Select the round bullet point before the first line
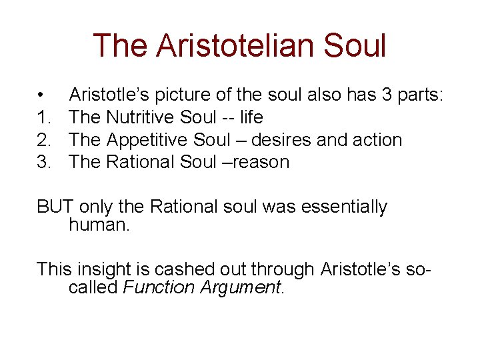point(41,95)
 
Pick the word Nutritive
point(141,117)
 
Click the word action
point(378,140)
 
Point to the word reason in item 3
point(261,162)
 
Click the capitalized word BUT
point(55,207)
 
